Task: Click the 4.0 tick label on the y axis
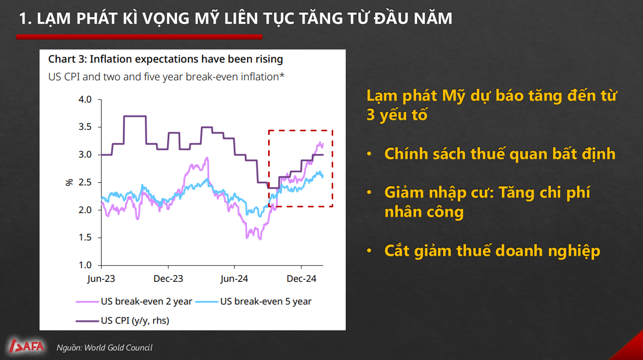85,100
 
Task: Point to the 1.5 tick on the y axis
85,238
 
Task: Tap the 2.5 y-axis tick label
85,182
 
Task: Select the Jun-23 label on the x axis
101,279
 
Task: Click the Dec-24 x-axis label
301,279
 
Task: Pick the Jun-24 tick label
234,279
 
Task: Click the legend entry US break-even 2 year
134,301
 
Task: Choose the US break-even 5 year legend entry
253,301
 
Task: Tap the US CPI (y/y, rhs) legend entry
122,320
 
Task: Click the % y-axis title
69,182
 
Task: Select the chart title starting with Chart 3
166,59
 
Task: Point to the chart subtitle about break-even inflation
166,77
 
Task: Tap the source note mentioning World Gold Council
105,347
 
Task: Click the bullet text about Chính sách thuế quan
500,154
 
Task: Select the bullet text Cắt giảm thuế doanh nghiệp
493,251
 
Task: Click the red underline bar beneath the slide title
139,37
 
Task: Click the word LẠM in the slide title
54,19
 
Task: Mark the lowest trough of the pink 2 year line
260,239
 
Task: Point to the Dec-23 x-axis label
168,279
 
